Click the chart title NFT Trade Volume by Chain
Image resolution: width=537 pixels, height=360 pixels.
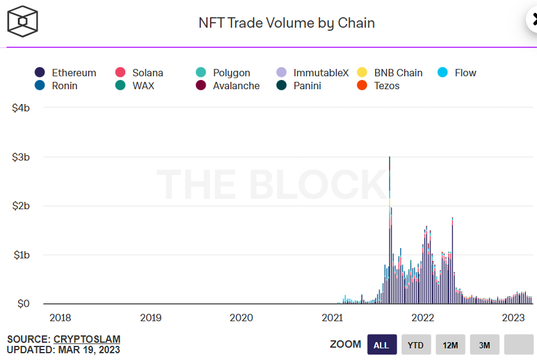click(x=286, y=23)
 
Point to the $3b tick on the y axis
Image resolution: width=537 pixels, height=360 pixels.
click(x=20, y=157)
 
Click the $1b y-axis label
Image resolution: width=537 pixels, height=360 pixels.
click(x=20, y=255)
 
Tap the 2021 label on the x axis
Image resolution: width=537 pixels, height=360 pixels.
click(x=332, y=318)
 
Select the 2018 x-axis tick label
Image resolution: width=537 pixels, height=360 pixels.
click(x=60, y=318)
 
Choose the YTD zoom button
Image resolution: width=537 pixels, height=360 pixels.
click(x=416, y=345)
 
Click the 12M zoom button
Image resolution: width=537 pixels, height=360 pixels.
click(x=450, y=345)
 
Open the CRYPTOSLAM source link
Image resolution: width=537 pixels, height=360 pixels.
click(x=87, y=339)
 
